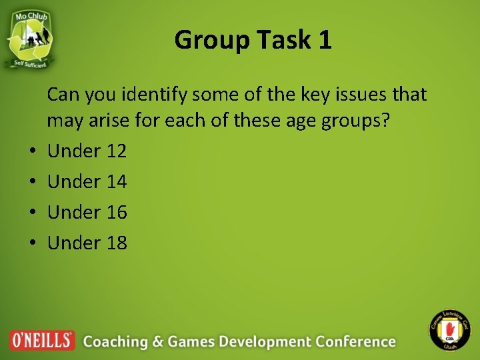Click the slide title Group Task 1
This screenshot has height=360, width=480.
pyautogui.click(x=253, y=41)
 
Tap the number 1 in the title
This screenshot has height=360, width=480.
pyautogui.click(x=325, y=41)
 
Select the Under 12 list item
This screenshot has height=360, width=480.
pyautogui.click(x=87, y=151)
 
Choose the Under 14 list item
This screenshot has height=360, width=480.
pyautogui.click(x=87, y=182)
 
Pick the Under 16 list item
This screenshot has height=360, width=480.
pyautogui.click(x=87, y=213)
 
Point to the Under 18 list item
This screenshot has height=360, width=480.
pyautogui.click(x=87, y=243)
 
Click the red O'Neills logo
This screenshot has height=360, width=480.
pyautogui.click(x=42, y=341)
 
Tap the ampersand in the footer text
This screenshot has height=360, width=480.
pyautogui.click(x=157, y=341)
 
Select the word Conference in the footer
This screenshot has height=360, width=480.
pyautogui.click(x=355, y=341)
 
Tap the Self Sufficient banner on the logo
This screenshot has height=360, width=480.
pyautogui.click(x=31, y=63)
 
